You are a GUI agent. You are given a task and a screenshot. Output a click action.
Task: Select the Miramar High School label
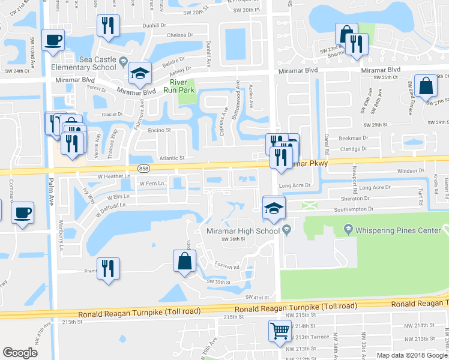coord(244,230)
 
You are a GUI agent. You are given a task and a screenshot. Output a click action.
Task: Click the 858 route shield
coord(143,169)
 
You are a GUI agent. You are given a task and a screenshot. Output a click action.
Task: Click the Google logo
coord(20,353)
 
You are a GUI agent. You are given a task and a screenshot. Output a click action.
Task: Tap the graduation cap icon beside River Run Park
coord(140,73)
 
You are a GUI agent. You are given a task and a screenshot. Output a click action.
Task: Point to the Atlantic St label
coord(170,158)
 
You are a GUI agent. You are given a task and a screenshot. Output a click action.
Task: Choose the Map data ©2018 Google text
coord(411,355)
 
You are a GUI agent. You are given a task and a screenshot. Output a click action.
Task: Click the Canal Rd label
coord(328,142)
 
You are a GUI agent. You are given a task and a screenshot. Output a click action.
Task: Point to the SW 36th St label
coord(234,239)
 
